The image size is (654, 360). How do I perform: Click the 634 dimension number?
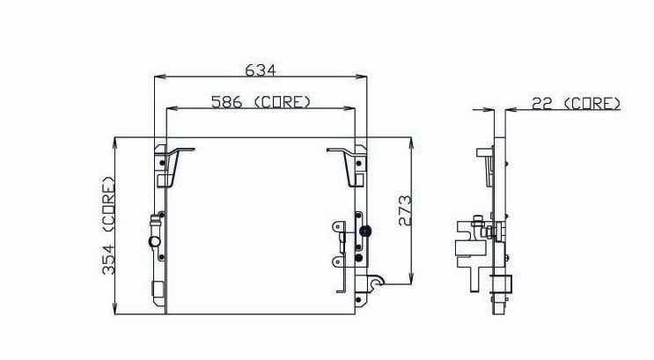(x=260, y=69)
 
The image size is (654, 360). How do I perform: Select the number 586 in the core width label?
(x=227, y=102)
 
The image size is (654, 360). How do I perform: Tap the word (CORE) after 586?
(x=282, y=102)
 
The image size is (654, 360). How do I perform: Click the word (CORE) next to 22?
(x=592, y=103)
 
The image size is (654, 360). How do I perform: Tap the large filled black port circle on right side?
(x=365, y=231)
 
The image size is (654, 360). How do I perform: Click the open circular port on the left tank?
(x=154, y=242)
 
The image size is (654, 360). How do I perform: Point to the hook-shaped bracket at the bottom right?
(x=375, y=285)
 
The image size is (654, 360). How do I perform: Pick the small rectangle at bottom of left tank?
(x=159, y=290)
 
